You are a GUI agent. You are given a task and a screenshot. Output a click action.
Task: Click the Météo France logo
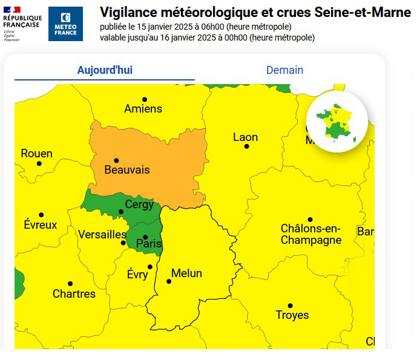point(65,24)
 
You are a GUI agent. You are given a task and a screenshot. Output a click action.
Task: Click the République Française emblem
point(22,24)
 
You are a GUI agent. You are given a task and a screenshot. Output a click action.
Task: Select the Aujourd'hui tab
point(105,70)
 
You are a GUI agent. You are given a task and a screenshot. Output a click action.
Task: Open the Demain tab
point(284,70)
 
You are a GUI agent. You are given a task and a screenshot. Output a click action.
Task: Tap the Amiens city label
point(143,109)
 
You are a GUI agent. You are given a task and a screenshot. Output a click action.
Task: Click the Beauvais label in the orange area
point(126,170)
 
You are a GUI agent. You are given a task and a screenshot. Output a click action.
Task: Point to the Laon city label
point(245,137)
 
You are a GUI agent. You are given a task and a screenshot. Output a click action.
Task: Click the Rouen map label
point(36,154)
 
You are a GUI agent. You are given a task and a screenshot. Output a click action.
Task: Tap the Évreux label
point(41,225)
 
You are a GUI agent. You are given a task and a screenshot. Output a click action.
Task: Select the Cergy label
point(139,205)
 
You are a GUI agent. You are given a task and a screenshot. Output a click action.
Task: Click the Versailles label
point(102,234)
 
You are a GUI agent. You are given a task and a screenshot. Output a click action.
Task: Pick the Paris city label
point(149,243)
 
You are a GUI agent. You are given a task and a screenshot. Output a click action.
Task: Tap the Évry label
point(137,275)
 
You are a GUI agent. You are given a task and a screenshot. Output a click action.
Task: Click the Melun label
point(186,273)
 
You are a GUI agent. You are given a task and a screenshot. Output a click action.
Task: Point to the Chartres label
point(74,294)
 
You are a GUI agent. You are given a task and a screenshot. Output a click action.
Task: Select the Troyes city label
point(292,315)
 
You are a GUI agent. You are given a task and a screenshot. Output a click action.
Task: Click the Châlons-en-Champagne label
point(310,235)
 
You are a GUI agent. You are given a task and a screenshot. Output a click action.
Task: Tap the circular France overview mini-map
point(337,122)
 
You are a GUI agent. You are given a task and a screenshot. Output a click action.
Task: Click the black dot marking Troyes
point(290,306)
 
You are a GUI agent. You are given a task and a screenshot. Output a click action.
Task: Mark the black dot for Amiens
point(145,99)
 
